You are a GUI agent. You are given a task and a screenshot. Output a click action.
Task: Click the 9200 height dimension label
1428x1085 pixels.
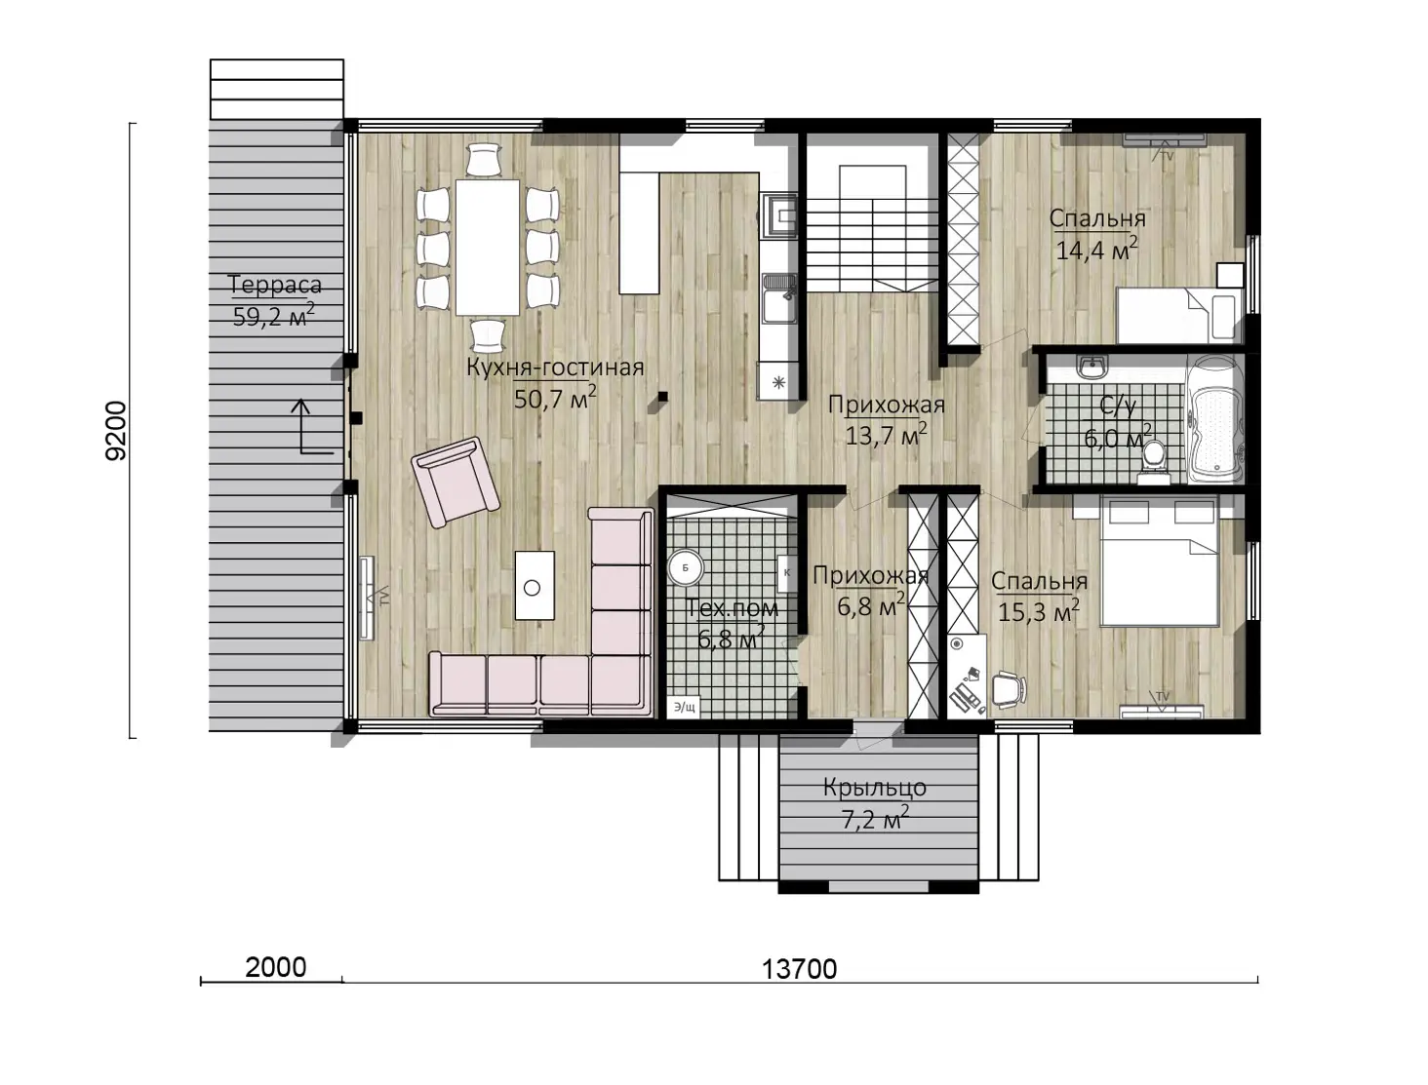tap(116, 431)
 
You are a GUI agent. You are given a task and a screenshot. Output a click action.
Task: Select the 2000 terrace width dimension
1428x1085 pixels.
tap(276, 967)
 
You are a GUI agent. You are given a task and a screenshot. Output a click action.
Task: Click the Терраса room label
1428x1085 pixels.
tap(274, 285)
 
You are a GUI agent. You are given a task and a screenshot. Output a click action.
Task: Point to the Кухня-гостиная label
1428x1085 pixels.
tap(555, 368)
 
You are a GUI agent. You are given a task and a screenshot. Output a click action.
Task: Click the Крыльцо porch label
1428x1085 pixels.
tap(874, 788)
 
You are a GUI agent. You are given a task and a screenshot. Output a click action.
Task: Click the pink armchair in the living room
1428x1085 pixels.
tap(456, 482)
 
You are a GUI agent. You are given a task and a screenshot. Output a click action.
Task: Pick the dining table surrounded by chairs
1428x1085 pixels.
tap(488, 247)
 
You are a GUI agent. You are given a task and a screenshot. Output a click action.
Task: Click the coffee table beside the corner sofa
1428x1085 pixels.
tap(535, 585)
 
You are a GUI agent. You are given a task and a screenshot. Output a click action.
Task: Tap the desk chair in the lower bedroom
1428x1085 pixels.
tap(1009, 689)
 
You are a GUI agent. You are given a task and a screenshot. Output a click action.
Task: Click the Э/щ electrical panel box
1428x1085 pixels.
tap(684, 707)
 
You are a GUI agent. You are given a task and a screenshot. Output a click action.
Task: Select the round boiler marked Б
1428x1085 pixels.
tap(685, 568)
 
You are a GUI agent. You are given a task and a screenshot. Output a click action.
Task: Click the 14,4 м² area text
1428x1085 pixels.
tap(1097, 249)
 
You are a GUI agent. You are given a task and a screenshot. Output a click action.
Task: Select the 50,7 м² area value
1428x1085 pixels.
tap(555, 398)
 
